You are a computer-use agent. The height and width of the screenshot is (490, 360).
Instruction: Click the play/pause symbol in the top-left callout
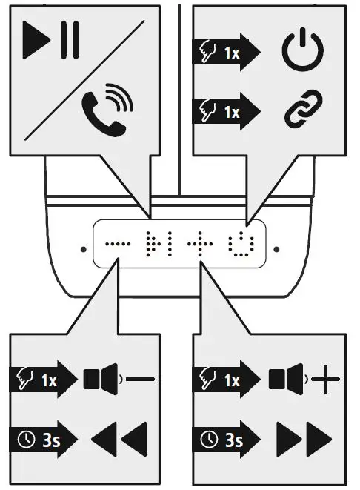coord(50,42)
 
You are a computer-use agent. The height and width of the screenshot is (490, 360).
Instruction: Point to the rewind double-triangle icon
coord(119,439)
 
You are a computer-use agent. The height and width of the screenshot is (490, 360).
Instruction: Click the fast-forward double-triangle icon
coord(304,439)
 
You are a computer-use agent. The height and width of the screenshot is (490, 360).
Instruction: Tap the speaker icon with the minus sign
coord(119,380)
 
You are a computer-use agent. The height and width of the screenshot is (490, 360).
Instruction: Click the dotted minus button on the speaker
coord(117,242)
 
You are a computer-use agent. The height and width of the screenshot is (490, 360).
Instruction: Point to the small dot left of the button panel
coord(81,249)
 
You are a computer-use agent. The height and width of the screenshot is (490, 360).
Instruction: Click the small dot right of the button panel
coord(276,249)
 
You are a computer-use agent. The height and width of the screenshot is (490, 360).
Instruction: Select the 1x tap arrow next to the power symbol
coord(228,52)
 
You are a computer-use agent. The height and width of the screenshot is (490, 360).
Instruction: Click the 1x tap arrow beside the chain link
coord(228,111)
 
